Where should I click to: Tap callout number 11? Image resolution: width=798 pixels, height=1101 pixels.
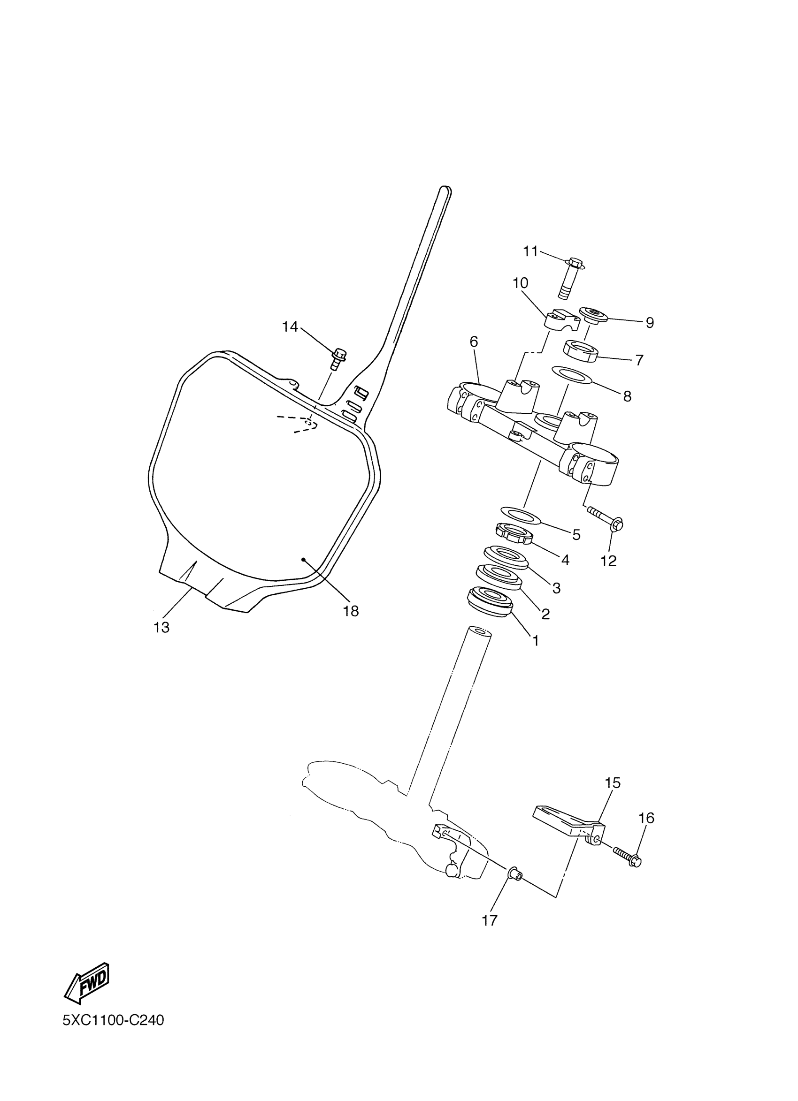(530, 251)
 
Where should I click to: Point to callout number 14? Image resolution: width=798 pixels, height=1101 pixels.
(290, 327)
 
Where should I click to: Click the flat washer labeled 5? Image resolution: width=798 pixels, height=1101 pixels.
(520, 515)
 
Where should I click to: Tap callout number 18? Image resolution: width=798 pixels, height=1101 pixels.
(351, 611)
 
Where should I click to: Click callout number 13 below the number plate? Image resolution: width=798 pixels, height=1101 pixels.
(161, 628)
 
